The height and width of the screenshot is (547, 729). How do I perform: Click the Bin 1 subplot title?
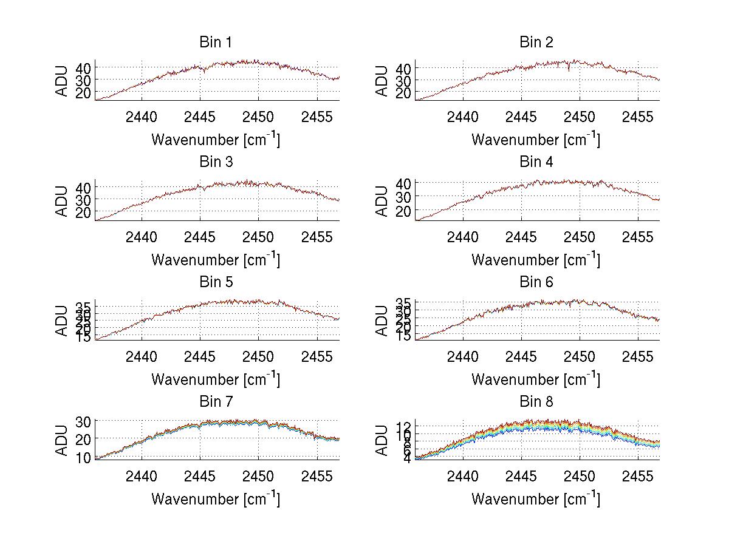coord(216,42)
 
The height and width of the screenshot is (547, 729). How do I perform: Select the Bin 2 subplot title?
coord(536,42)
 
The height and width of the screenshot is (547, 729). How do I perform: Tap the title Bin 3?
coord(216,162)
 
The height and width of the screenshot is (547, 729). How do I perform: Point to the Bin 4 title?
coord(536,162)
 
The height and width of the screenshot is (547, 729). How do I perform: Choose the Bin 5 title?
coord(216,282)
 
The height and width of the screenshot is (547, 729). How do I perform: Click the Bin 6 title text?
coord(536,282)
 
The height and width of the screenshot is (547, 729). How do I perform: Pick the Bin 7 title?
coord(216,402)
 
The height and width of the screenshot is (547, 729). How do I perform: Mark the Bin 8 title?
coord(536,402)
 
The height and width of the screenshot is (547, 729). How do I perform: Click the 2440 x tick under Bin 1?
coord(142,117)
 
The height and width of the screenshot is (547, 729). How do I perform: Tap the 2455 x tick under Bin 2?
coord(637,117)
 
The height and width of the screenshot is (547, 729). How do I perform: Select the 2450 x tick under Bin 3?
coord(259,236)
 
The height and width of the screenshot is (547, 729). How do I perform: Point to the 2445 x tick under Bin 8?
coord(521,476)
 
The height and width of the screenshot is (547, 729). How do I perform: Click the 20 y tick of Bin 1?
coord(83,92)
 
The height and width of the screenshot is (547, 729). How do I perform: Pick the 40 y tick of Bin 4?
coord(403,183)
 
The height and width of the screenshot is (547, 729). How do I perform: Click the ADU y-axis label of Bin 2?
coord(382,80)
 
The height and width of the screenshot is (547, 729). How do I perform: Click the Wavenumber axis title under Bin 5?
coord(216,379)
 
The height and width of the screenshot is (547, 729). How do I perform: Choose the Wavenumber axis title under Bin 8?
coord(536,499)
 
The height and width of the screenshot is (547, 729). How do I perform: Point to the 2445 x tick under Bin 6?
coord(521,356)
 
